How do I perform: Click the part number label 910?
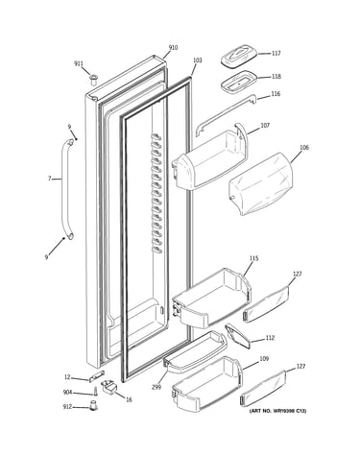(x=173, y=48)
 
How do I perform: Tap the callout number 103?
(x=198, y=60)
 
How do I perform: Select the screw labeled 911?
(x=93, y=80)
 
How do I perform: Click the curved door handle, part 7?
(x=65, y=189)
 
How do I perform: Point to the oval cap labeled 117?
(x=239, y=57)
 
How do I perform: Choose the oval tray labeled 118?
(x=239, y=83)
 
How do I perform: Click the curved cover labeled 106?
(x=261, y=183)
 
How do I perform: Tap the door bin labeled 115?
(x=211, y=297)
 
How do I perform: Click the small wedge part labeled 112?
(x=237, y=336)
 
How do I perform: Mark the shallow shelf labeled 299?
(x=195, y=351)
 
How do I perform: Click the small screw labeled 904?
(x=95, y=392)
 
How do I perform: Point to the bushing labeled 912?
(x=93, y=405)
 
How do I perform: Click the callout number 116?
(x=276, y=94)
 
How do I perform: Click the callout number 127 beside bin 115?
(x=298, y=274)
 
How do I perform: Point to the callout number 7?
(x=50, y=179)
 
